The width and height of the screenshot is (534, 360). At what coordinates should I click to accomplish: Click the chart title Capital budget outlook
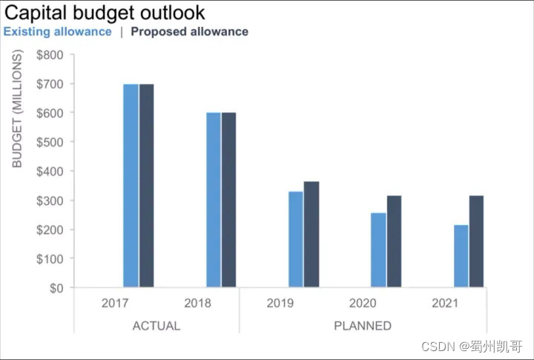(105, 13)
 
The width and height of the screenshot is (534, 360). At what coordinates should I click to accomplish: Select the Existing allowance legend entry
(58, 32)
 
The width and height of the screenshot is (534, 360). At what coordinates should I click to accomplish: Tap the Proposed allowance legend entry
(189, 32)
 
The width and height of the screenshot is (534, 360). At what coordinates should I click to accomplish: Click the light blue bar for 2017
(131, 186)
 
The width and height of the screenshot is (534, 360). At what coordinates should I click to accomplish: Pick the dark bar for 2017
(146, 186)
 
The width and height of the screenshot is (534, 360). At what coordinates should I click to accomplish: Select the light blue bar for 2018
(214, 200)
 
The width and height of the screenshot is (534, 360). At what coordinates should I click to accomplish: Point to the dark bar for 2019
(311, 234)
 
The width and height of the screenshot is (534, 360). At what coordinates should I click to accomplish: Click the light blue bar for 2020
(379, 249)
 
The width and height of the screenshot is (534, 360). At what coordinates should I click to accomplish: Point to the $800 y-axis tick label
(50, 55)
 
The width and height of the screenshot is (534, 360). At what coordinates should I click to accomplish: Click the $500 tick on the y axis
(50, 142)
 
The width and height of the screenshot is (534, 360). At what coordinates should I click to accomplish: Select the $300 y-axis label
(50, 200)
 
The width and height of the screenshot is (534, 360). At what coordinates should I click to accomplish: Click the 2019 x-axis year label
(280, 304)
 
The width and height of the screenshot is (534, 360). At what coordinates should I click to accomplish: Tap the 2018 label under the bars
(197, 304)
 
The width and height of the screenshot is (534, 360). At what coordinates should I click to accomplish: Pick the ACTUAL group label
(156, 326)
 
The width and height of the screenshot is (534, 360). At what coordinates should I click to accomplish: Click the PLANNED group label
(363, 326)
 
